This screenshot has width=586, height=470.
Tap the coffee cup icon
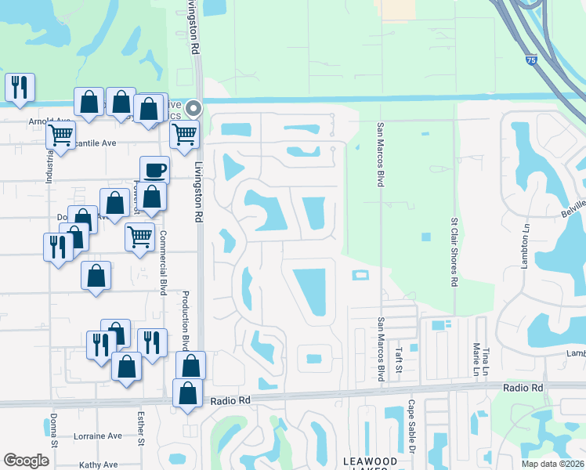[154, 169]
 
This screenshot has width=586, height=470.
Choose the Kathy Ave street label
[99, 465]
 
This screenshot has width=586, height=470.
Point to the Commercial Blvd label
[164, 262]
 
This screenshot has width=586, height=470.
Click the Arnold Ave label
[45, 121]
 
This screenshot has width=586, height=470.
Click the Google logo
[26, 461]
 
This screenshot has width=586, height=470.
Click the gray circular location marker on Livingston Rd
[194, 108]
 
